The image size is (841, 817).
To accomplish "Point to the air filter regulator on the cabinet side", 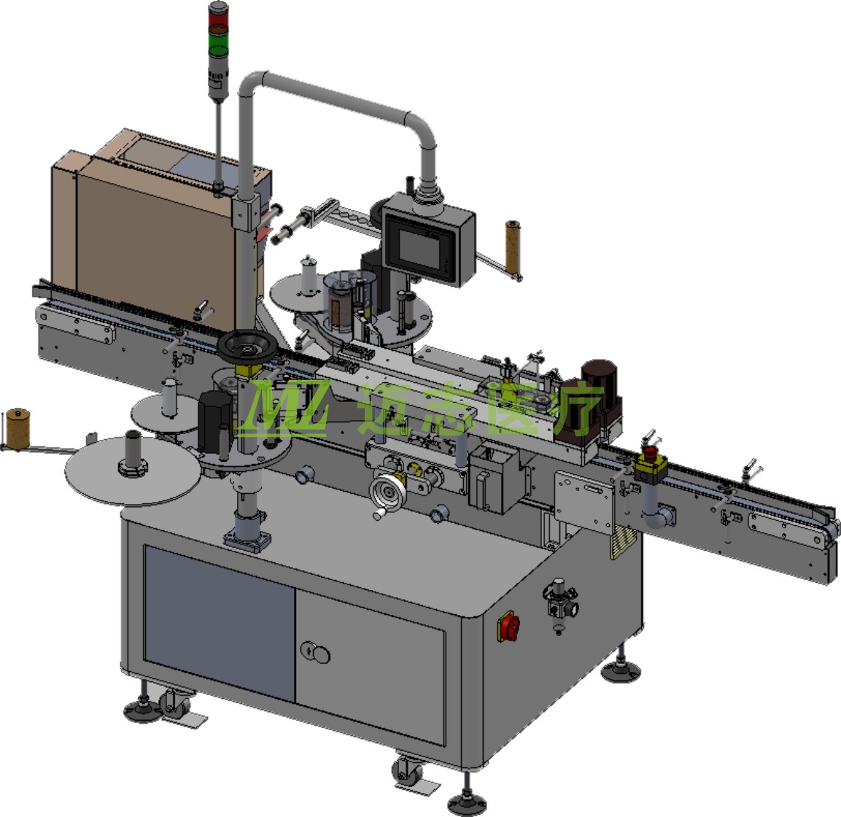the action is point(561,605).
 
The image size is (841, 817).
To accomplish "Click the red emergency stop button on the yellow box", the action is point(651,451).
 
